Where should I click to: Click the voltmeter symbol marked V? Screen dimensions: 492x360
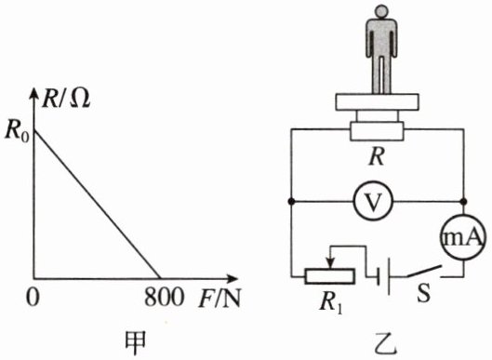(373, 201)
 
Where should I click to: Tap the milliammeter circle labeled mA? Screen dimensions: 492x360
(464, 237)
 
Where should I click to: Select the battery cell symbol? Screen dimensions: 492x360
(384, 276)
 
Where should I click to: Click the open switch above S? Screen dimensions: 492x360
(424, 272)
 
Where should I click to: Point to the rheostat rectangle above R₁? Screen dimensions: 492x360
(330, 276)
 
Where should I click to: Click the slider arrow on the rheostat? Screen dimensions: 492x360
(329, 259)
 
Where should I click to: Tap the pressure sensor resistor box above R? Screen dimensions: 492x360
(377, 131)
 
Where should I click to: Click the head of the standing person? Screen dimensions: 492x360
(381, 11)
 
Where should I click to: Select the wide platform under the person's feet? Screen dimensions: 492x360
(377, 102)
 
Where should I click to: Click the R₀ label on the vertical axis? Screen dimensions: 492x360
(17, 131)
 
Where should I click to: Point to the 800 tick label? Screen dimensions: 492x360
(164, 297)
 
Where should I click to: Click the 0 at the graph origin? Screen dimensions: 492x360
(33, 297)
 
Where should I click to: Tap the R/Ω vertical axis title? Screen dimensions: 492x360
(66, 99)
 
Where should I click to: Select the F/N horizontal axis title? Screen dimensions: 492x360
(219, 298)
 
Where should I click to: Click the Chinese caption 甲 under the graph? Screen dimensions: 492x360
(135, 343)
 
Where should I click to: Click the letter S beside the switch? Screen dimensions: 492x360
(423, 293)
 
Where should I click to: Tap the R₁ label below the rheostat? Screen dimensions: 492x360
(331, 303)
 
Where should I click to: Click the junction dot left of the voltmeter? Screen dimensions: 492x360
(291, 201)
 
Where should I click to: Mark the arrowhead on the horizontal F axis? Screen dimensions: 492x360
(233, 278)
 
